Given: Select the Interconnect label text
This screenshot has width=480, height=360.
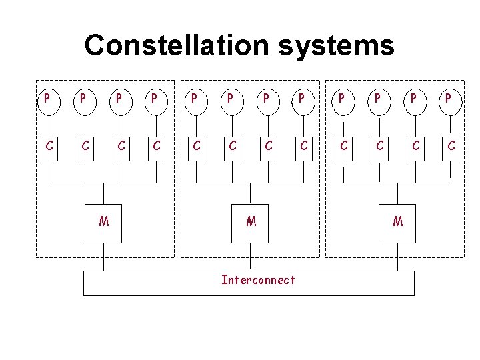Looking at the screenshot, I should pos(257,280).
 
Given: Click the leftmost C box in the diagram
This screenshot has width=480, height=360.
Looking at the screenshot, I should pos(47,145).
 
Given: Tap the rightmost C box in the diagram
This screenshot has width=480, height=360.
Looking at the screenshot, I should pos(452,145).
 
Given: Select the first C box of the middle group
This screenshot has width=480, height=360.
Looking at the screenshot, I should pos(195,145).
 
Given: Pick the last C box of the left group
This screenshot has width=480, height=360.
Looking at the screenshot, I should pos(157,145).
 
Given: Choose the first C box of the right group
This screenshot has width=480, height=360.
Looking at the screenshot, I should pos(342,145).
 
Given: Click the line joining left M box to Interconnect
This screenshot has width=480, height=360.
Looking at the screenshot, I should pos(104,257).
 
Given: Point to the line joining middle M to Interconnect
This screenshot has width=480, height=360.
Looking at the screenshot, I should pos(251,257).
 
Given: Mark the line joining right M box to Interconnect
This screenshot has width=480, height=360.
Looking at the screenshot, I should pos(397,257).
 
